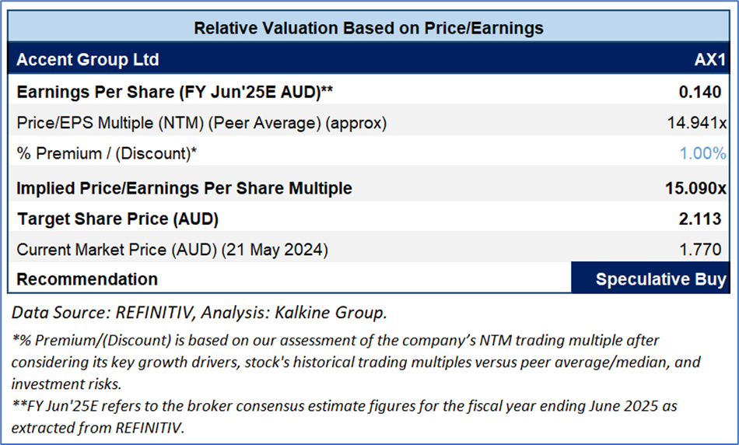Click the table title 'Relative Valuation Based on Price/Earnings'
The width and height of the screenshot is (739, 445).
click(368, 28)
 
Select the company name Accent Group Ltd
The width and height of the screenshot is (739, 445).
click(87, 60)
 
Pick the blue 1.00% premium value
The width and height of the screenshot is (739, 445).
click(702, 153)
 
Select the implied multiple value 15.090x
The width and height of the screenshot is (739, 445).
click(691, 188)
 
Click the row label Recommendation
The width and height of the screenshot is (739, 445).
click(86, 279)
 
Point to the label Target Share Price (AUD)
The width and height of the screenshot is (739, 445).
click(117, 219)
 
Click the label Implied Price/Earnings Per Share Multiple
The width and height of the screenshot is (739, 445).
click(184, 188)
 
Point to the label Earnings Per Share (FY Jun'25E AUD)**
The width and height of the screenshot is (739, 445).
click(175, 92)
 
